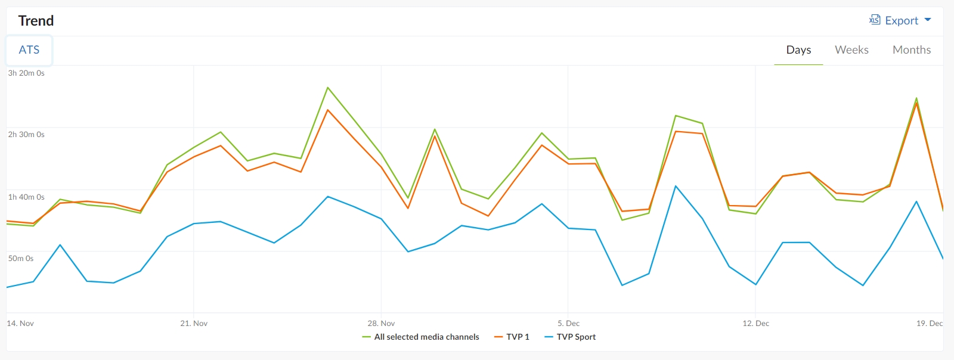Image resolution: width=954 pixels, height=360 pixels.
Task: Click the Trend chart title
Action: [36, 21]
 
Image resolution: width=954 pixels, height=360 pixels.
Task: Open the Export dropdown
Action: [900, 21]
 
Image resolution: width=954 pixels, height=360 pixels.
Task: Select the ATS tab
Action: [29, 50]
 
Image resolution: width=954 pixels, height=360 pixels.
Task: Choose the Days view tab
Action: [798, 50]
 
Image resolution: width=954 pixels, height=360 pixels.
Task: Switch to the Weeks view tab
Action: [851, 50]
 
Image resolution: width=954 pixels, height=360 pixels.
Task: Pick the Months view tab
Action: [911, 50]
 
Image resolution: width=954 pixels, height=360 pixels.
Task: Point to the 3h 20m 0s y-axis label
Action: [26, 73]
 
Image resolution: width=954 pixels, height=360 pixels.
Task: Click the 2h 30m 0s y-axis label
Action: [26, 135]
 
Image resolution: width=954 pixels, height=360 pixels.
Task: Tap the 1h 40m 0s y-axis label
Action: [26, 197]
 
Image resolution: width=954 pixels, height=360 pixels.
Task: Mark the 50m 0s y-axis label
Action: [21, 259]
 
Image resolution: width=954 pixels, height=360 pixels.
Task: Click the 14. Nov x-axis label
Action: [20, 324]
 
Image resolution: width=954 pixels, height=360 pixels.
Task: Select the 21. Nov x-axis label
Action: [194, 324]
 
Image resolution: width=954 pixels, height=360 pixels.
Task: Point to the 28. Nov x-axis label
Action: [381, 324]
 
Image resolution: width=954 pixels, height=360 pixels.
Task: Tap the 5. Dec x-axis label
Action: [568, 324]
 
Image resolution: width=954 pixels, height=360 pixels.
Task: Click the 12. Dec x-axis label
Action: [755, 324]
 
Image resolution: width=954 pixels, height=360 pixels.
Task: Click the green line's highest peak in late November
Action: [328, 88]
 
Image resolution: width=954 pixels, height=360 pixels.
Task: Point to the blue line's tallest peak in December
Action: [676, 186]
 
